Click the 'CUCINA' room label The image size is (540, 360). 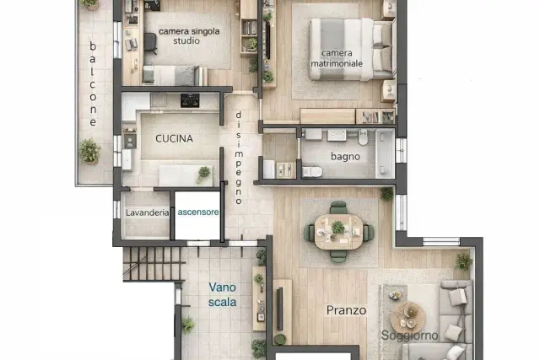174,139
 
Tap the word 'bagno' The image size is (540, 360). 345,157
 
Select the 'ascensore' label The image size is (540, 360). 198,212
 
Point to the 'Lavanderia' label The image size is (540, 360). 148,212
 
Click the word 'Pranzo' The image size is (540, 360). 346,310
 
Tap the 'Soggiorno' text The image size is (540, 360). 409,336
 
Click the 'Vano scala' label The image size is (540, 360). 223,294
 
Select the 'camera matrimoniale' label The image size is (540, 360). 337,58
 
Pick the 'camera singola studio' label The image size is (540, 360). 189,35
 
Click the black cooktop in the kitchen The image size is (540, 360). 190,100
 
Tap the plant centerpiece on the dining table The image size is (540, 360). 337,227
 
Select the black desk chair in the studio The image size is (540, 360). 150,43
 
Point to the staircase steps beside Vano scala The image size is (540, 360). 153,264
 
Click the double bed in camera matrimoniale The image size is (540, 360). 351,49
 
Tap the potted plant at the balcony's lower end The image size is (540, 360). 90,152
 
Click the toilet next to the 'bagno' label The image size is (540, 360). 312,171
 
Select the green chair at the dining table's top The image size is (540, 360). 338,208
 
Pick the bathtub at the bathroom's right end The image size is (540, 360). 385,153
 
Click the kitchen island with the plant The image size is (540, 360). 186,175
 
